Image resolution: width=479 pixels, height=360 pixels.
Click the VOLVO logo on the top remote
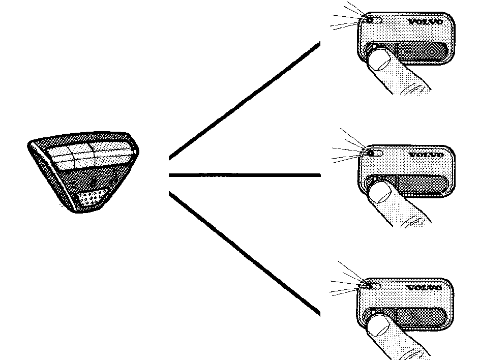click(426, 22)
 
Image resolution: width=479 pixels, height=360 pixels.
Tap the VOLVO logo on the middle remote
click(426, 155)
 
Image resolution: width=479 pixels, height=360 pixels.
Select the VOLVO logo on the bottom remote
click(424, 288)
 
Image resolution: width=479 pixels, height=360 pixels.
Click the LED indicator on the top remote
click(370, 20)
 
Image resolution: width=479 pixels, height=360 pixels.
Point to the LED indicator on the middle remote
click(371, 153)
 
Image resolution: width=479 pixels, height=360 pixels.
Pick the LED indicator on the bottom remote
click(369, 286)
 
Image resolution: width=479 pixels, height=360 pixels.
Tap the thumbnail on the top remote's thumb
click(379, 61)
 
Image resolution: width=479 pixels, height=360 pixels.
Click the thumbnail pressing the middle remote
click(380, 193)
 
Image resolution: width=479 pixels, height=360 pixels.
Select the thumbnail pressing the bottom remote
click(378, 326)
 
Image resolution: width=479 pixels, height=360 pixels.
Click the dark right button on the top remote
click(421, 52)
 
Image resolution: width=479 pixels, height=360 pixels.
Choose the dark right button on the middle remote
click(422, 184)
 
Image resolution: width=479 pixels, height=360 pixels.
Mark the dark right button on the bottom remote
click(421, 317)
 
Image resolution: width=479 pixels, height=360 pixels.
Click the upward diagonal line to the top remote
click(245, 101)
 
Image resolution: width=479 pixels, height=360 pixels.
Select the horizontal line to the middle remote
click(245, 175)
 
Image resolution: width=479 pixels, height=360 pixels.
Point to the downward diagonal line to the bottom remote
click(245, 254)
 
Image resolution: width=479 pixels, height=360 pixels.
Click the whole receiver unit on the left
click(83, 172)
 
